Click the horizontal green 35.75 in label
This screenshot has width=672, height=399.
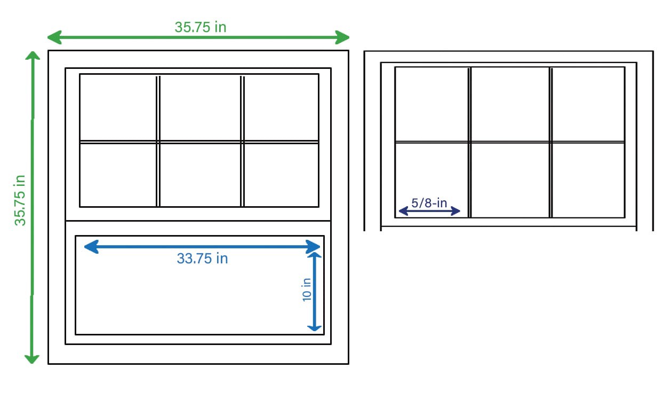201,27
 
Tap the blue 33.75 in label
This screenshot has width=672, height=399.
202,259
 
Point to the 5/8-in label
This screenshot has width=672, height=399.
429,203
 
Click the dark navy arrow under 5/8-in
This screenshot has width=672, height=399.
429,212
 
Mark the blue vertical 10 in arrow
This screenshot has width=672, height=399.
315,292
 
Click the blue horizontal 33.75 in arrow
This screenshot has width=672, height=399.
202,246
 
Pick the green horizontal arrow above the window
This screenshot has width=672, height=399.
198,37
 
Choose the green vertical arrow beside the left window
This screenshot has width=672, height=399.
33,207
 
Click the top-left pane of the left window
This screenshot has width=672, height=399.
118,107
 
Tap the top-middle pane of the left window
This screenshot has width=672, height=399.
200,107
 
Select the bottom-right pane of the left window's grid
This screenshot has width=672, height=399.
281,175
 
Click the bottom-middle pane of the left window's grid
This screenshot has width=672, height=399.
200,175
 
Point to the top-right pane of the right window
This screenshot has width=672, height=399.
588,104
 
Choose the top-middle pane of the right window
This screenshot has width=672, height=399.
510,104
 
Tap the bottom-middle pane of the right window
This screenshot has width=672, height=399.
510,180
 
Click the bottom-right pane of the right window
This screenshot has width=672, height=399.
588,180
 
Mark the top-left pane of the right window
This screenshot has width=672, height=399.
431,104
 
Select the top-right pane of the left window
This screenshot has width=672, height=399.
281,107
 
